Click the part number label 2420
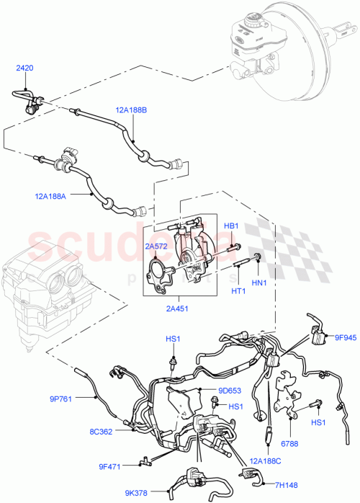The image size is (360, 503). (x=25, y=68)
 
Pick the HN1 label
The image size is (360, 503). (x=258, y=282)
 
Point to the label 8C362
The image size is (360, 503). (x=102, y=432)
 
